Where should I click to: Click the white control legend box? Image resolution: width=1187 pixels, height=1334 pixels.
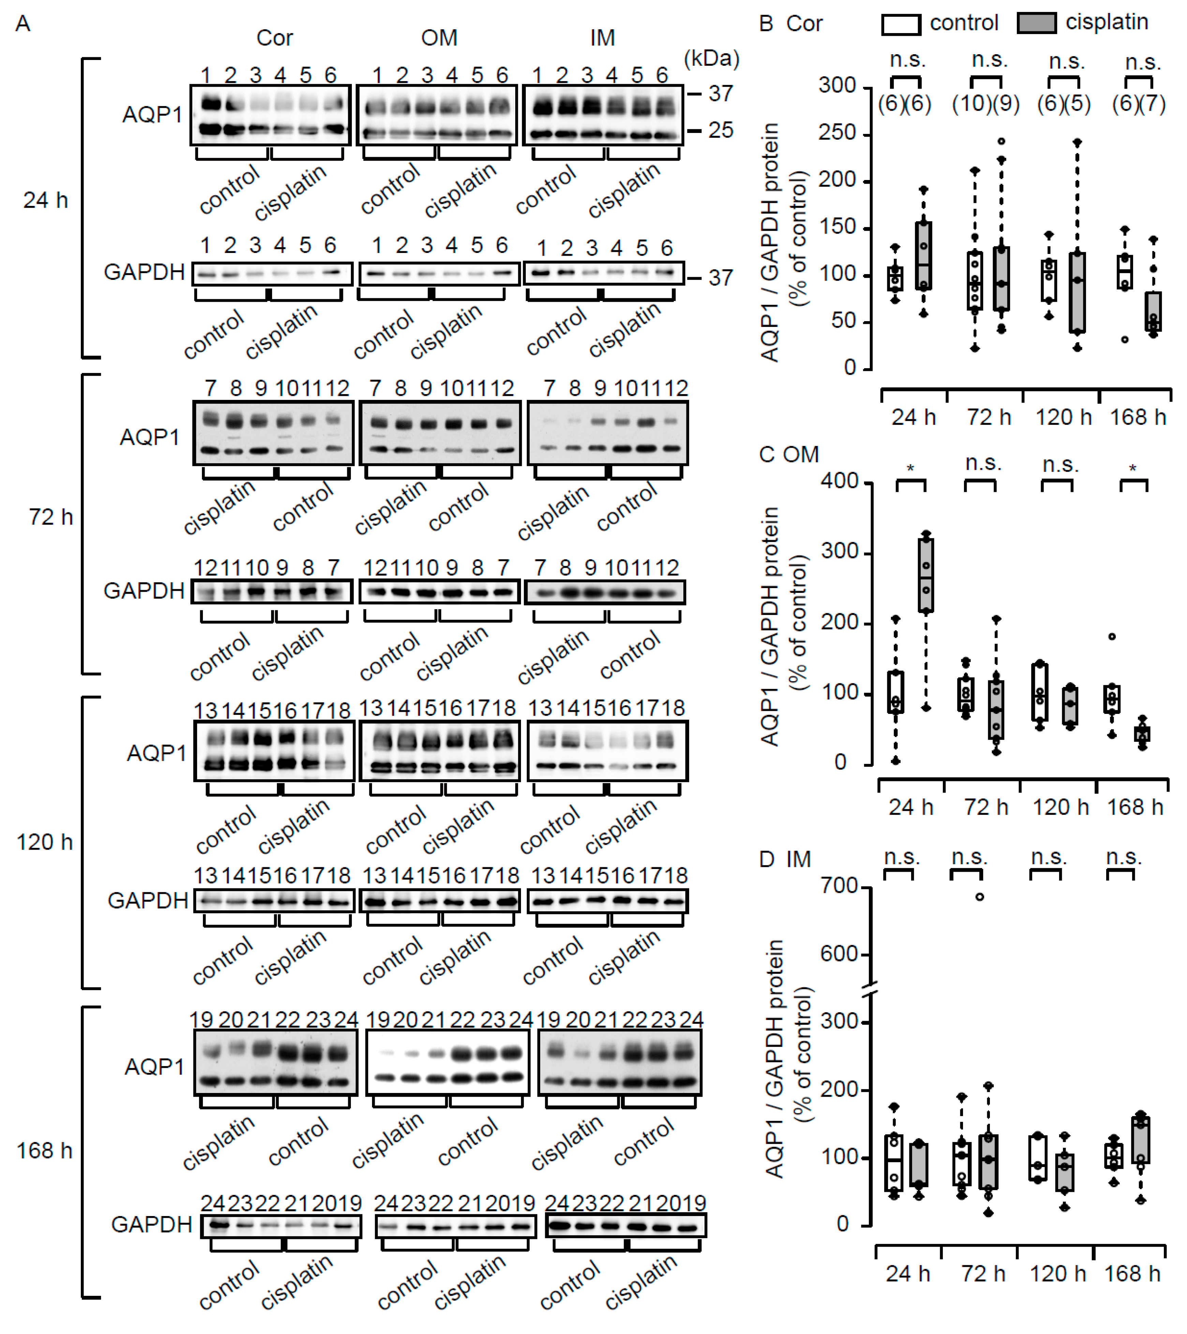pyautogui.click(x=901, y=24)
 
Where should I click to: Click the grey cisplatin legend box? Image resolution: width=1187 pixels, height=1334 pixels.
pyautogui.click(x=1037, y=24)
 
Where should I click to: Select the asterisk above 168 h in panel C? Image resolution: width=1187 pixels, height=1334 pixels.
pyautogui.click(x=1133, y=468)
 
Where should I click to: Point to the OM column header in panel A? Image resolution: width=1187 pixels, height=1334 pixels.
pyautogui.click(x=439, y=38)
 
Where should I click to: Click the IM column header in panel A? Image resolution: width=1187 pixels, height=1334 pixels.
pyautogui.click(x=602, y=38)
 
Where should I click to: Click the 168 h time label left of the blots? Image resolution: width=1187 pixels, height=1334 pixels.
pyautogui.click(x=44, y=1150)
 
